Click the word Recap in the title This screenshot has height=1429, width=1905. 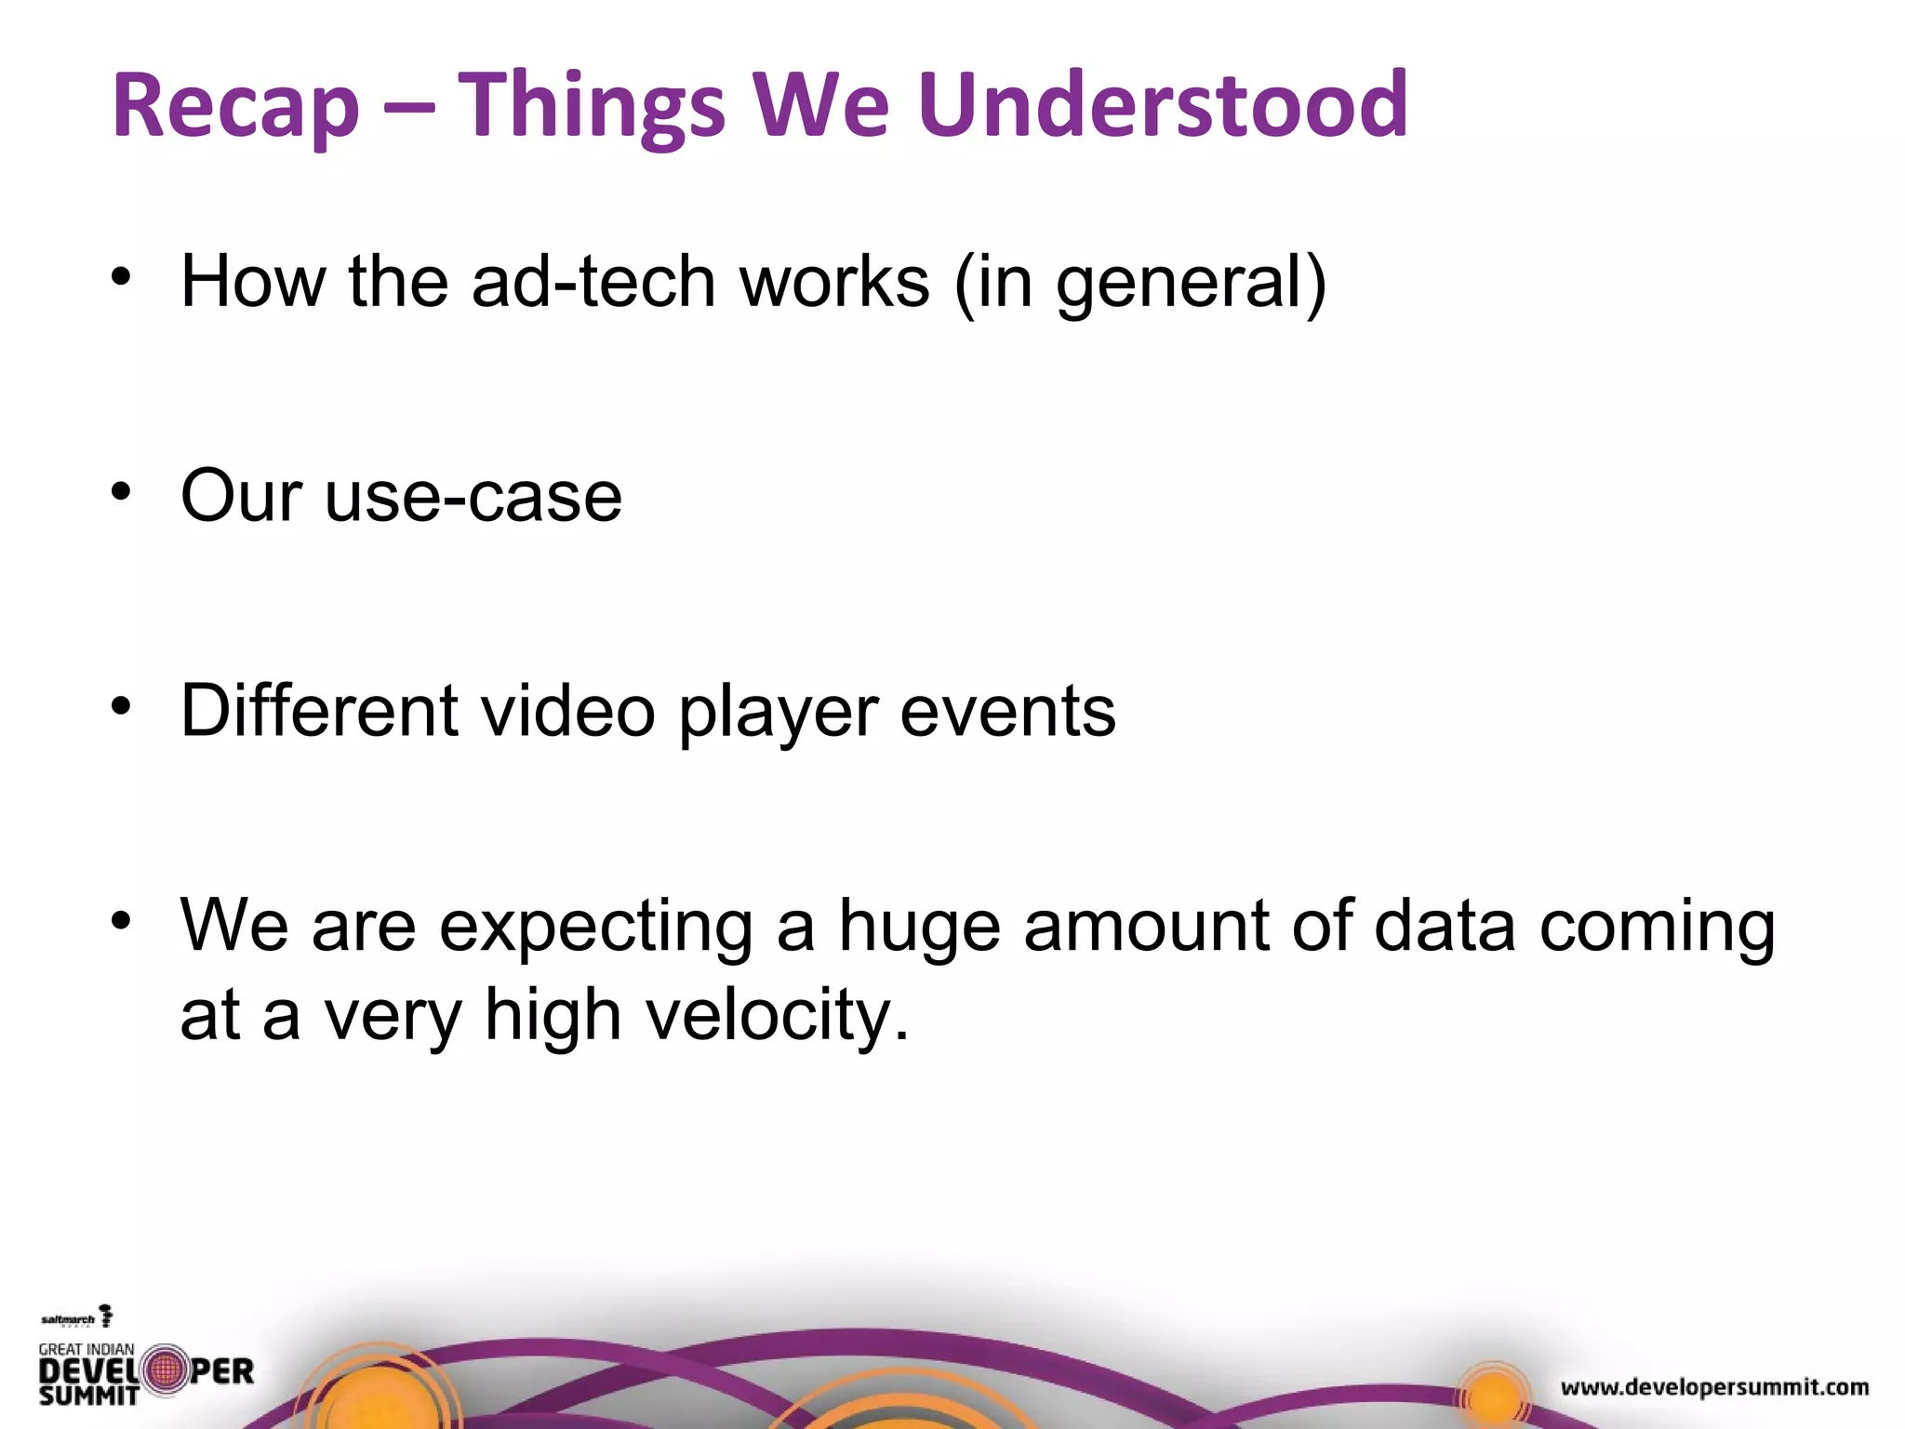[x=235, y=107]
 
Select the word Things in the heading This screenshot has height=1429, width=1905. [x=591, y=107]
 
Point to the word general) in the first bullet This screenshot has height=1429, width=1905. [x=1192, y=284]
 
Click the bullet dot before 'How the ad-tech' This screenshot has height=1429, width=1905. [x=121, y=277]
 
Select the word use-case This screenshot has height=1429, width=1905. [x=473, y=497]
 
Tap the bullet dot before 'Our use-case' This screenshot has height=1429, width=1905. [x=121, y=491]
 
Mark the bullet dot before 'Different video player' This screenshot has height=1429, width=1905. [x=121, y=706]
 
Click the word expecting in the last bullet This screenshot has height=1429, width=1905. [x=595, y=928]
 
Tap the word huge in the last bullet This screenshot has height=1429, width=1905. [x=919, y=928]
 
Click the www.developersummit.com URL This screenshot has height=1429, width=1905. [x=1714, y=1387]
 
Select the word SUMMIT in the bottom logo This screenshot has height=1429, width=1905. [x=88, y=1395]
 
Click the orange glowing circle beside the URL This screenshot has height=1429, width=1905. [x=1493, y=1395]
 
